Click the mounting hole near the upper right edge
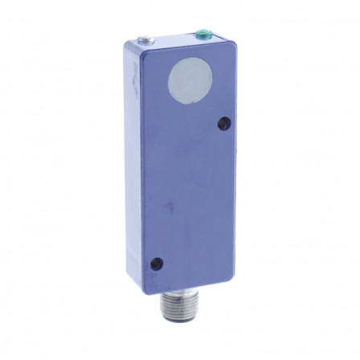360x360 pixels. pyautogui.click(x=223, y=123)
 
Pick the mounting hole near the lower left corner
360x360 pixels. pyautogui.click(x=158, y=261)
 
